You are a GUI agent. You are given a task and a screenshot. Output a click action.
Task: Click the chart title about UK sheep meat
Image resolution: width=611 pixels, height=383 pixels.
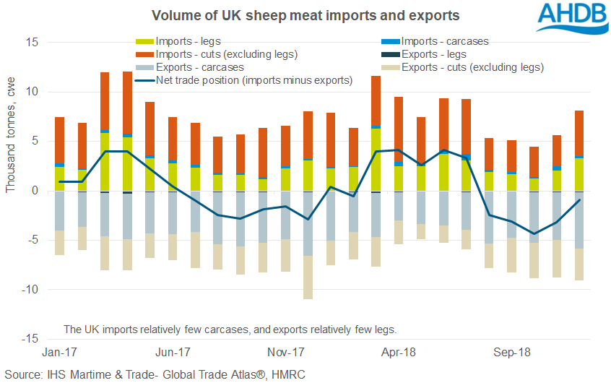point(305,15)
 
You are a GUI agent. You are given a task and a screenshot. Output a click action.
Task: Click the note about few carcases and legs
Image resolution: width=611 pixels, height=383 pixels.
point(230,329)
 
